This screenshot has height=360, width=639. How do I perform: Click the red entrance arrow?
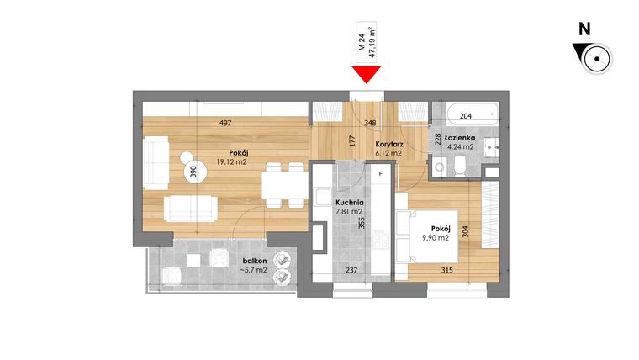[366, 75]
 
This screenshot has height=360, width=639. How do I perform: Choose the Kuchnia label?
[348, 203]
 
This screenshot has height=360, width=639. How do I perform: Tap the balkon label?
[251, 262]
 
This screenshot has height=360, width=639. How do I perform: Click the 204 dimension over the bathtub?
[464, 117]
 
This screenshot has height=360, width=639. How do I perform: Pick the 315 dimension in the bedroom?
[447, 270]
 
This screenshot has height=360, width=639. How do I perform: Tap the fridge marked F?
[381, 174]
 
